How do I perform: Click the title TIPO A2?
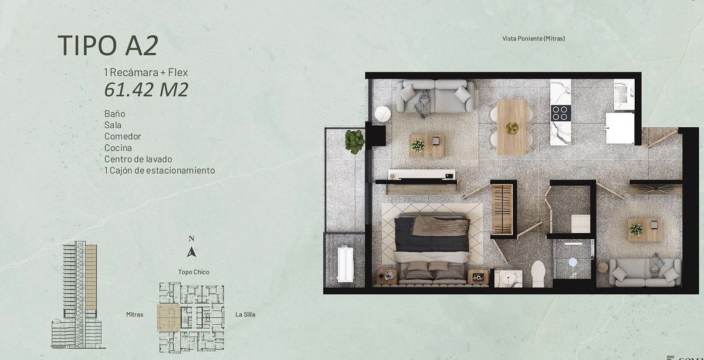click(108, 46)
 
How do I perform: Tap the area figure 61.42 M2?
click(146, 90)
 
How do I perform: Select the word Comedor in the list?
click(123, 137)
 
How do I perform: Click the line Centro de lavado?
click(138, 159)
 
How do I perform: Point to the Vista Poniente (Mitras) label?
click(533, 38)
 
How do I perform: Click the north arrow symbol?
click(191, 252)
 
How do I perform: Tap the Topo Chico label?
click(194, 272)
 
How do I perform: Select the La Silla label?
click(245, 314)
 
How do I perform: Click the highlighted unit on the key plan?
click(169, 318)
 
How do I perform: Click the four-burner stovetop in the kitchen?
click(561, 113)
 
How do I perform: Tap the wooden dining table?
click(512, 127)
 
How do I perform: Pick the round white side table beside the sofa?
click(383, 114)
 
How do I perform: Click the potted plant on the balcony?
click(355, 142)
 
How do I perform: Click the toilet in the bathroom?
click(538, 273)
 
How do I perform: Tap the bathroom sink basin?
click(508, 279)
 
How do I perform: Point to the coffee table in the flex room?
click(644, 230)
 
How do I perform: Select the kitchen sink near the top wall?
click(624, 94)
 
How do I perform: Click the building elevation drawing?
click(77, 295)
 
